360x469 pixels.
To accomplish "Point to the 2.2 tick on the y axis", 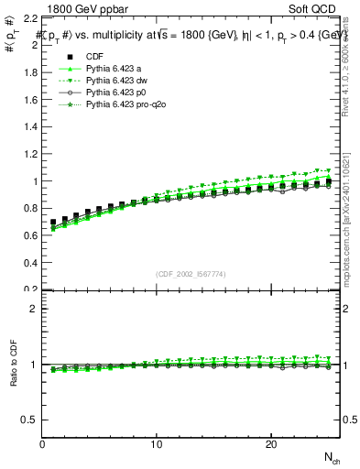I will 31,18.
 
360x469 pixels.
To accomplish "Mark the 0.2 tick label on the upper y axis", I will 31,289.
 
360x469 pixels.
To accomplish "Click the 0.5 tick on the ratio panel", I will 31,420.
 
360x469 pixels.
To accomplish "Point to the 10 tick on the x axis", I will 157,444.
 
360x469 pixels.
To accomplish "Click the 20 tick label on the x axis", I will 271,444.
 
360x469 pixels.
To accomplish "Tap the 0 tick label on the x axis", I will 42,444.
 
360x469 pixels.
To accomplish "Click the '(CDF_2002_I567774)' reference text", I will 191,275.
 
